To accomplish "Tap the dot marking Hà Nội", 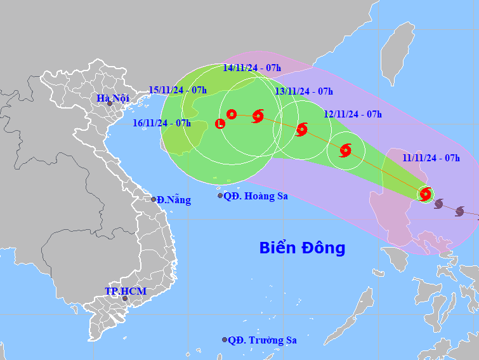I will (x=110, y=103).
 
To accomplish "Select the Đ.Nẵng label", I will (x=174, y=199).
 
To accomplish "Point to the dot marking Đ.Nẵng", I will (x=154, y=199).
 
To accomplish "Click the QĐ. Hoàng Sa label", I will (x=256, y=196).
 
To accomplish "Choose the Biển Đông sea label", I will (x=302, y=248).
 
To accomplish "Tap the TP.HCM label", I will (x=126, y=291).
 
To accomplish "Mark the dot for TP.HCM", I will (x=125, y=298).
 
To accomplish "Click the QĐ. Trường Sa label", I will (x=262, y=340).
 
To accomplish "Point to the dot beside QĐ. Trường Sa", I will (x=225, y=340).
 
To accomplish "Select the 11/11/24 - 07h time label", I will (x=431, y=158).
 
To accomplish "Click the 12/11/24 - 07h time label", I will (x=353, y=114).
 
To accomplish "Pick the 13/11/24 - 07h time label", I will (x=304, y=91).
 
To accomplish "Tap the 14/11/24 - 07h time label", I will (x=252, y=67).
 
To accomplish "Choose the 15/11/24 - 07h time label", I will (x=178, y=90).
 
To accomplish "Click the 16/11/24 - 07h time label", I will (x=162, y=123).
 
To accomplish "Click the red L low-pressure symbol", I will (x=220, y=124).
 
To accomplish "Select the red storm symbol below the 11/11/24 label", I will (x=426, y=194).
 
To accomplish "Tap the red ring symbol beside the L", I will (x=232, y=114).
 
